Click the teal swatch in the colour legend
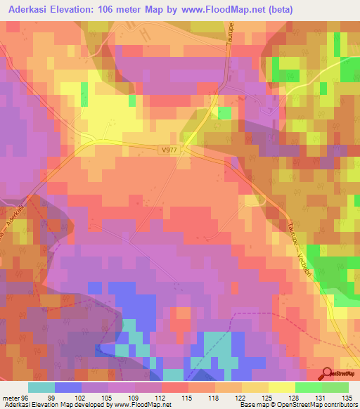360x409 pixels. point(41,387)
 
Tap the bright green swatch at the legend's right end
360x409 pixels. point(335,387)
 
